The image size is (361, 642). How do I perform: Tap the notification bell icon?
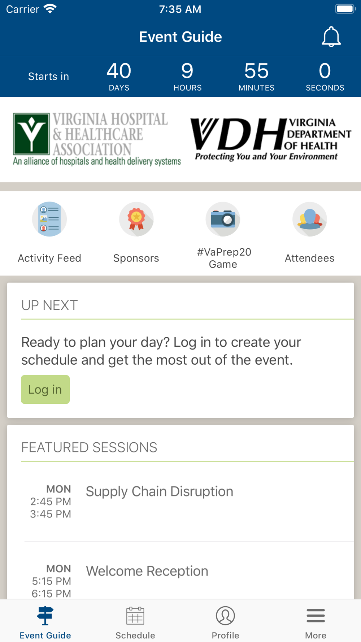pyautogui.click(x=331, y=37)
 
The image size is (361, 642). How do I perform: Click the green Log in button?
pyautogui.click(x=45, y=389)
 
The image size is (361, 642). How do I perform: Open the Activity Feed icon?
pyautogui.click(x=49, y=219)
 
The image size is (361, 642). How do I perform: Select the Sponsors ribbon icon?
pyautogui.click(x=136, y=219)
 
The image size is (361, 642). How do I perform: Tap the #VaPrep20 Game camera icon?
pyautogui.click(x=223, y=219)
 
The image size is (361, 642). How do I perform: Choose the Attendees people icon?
pyautogui.click(x=310, y=219)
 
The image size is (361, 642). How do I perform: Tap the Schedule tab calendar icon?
pyautogui.click(x=135, y=616)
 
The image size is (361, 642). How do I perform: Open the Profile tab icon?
pyautogui.click(x=226, y=616)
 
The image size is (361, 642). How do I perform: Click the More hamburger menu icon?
pyautogui.click(x=316, y=616)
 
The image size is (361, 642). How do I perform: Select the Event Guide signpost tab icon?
pyautogui.click(x=45, y=616)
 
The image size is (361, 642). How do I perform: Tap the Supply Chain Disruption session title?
pyautogui.click(x=160, y=491)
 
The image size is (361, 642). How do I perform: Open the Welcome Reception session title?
pyautogui.click(x=147, y=571)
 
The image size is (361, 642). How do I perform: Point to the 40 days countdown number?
pyautogui.click(x=119, y=71)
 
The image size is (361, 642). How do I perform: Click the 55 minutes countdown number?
pyautogui.click(x=256, y=71)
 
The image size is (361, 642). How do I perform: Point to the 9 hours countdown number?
pyautogui.click(x=187, y=71)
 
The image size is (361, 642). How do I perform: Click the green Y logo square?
pyautogui.click(x=31, y=134)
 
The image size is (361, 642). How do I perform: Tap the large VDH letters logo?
pyautogui.click(x=238, y=134)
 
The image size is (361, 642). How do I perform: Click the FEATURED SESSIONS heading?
pyautogui.click(x=89, y=447)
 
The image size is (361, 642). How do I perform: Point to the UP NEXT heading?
pyautogui.click(x=49, y=305)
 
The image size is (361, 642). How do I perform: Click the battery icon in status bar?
pyautogui.click(x=345, y=9)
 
